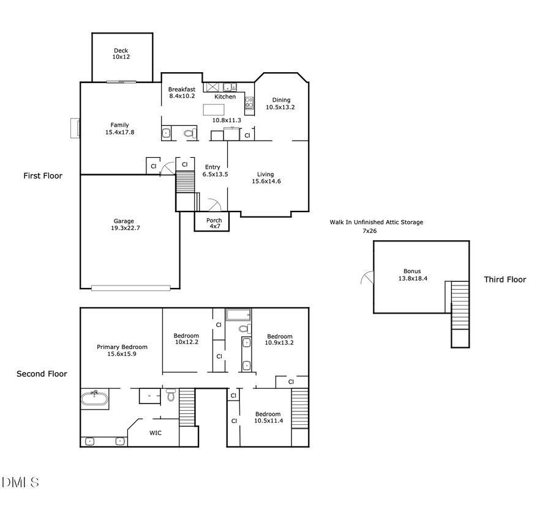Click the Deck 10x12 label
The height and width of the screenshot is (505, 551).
click(121, 54)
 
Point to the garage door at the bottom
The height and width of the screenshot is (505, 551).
click(130, 287)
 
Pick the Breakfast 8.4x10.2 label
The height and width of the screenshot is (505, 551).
click(182, 92)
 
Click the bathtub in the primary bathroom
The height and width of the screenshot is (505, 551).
click(95, 400)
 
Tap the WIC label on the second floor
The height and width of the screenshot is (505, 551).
click(156, 432)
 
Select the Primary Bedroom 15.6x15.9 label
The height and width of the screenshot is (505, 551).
click(122, 350)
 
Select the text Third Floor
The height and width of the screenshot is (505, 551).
click(504, 280)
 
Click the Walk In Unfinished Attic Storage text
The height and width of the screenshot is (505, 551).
click(376, 223)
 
